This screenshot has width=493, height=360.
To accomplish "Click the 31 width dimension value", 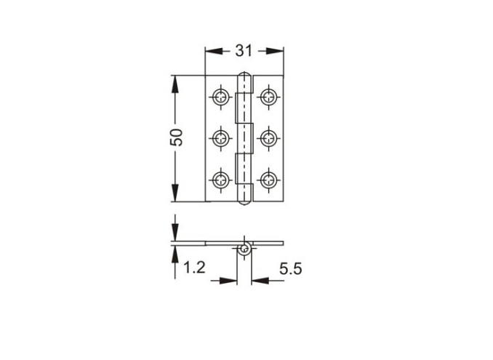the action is tap(244, 51).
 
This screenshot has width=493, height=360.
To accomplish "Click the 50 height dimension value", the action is tap(177, 137).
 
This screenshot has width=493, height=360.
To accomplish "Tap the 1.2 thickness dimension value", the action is tap(194, 268).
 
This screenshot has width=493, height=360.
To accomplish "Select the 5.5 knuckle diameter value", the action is tap(291, 269).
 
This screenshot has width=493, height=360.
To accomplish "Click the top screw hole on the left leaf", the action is tap(221, 97).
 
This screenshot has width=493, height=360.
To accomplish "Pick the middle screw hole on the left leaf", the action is tap(221, 138).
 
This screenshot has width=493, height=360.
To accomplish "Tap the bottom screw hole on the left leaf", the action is tap(221, 180).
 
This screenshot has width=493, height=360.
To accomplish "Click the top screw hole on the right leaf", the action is tap(268, 97).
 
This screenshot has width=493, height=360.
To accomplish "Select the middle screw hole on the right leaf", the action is tap(268, 138).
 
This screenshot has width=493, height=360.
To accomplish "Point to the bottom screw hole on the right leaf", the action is tap(268, 180).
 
